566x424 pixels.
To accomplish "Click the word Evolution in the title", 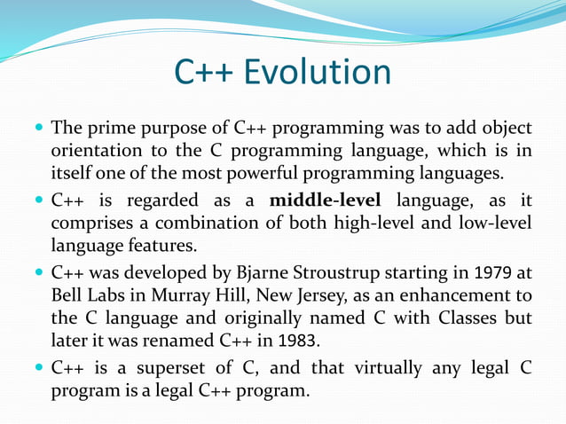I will point(317,72).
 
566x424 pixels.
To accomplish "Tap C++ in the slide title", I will point(203,72).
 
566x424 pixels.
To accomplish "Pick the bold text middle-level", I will point(325,200).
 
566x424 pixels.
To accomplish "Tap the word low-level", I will point(493,223).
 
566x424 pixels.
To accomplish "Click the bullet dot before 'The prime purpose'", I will point(39,128).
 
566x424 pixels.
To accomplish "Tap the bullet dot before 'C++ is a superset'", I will point(39,366).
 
